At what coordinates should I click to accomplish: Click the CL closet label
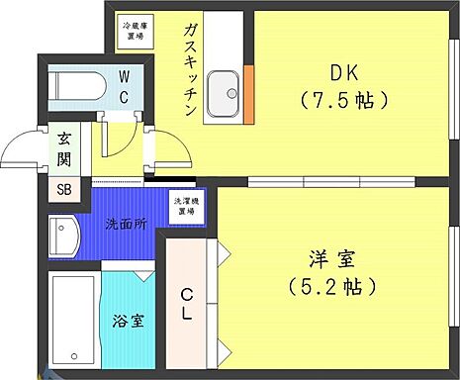tap(185, 302)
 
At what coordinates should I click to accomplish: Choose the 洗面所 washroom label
tap(126, 224)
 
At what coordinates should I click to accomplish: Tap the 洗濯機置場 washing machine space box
tap(185, 207)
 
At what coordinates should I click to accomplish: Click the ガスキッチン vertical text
tap(187, 69)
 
